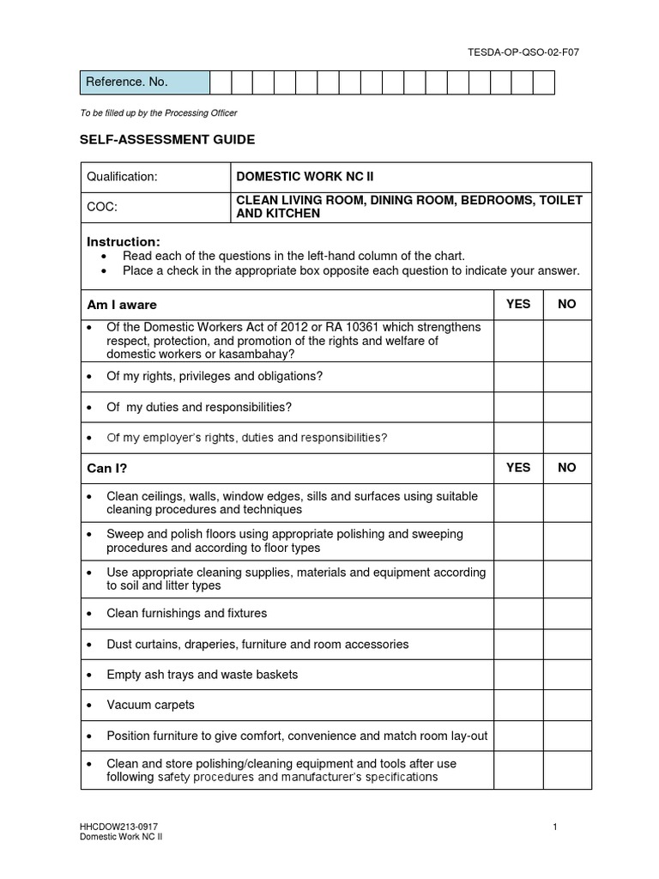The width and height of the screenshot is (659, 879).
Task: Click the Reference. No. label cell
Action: pyautogui.click(x=144, y=82)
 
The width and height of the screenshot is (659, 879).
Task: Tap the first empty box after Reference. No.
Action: pyautogui.click(x=221, y=82)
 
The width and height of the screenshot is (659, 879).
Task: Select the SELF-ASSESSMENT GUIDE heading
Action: pyautogui.click(x=168, y=139)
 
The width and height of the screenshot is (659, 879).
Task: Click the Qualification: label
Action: pyautogui.click(x=123, y=177)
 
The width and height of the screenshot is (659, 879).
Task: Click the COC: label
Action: pyautogui.click(x=102, y=207)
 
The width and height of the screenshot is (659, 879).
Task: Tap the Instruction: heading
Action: pyautogui.click(x=124, y=242)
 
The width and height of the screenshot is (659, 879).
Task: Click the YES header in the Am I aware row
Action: pyautogui.click(x=518, y=305)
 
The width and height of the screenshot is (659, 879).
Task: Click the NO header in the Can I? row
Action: pyautogui.click(x=567, y=468)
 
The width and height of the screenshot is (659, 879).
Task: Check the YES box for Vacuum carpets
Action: pyautogui.click(x=518, y=706)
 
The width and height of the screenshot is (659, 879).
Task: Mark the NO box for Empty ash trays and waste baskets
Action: pyautogui.click(x=567, y=675)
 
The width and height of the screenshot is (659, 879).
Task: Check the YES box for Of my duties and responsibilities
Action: pyautogui.click(x=518, y=407)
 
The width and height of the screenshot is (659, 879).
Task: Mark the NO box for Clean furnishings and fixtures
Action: pyautogui.click(x=567, y=614)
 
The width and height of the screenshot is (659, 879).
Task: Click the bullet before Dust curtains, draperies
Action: pyautogui.click(x=91, y=645)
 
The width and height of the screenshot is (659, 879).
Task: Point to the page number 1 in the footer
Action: pyautogui.click(x=555, y=827)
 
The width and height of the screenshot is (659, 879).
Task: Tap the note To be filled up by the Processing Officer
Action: pyautogui.click(x=159, y=112)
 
